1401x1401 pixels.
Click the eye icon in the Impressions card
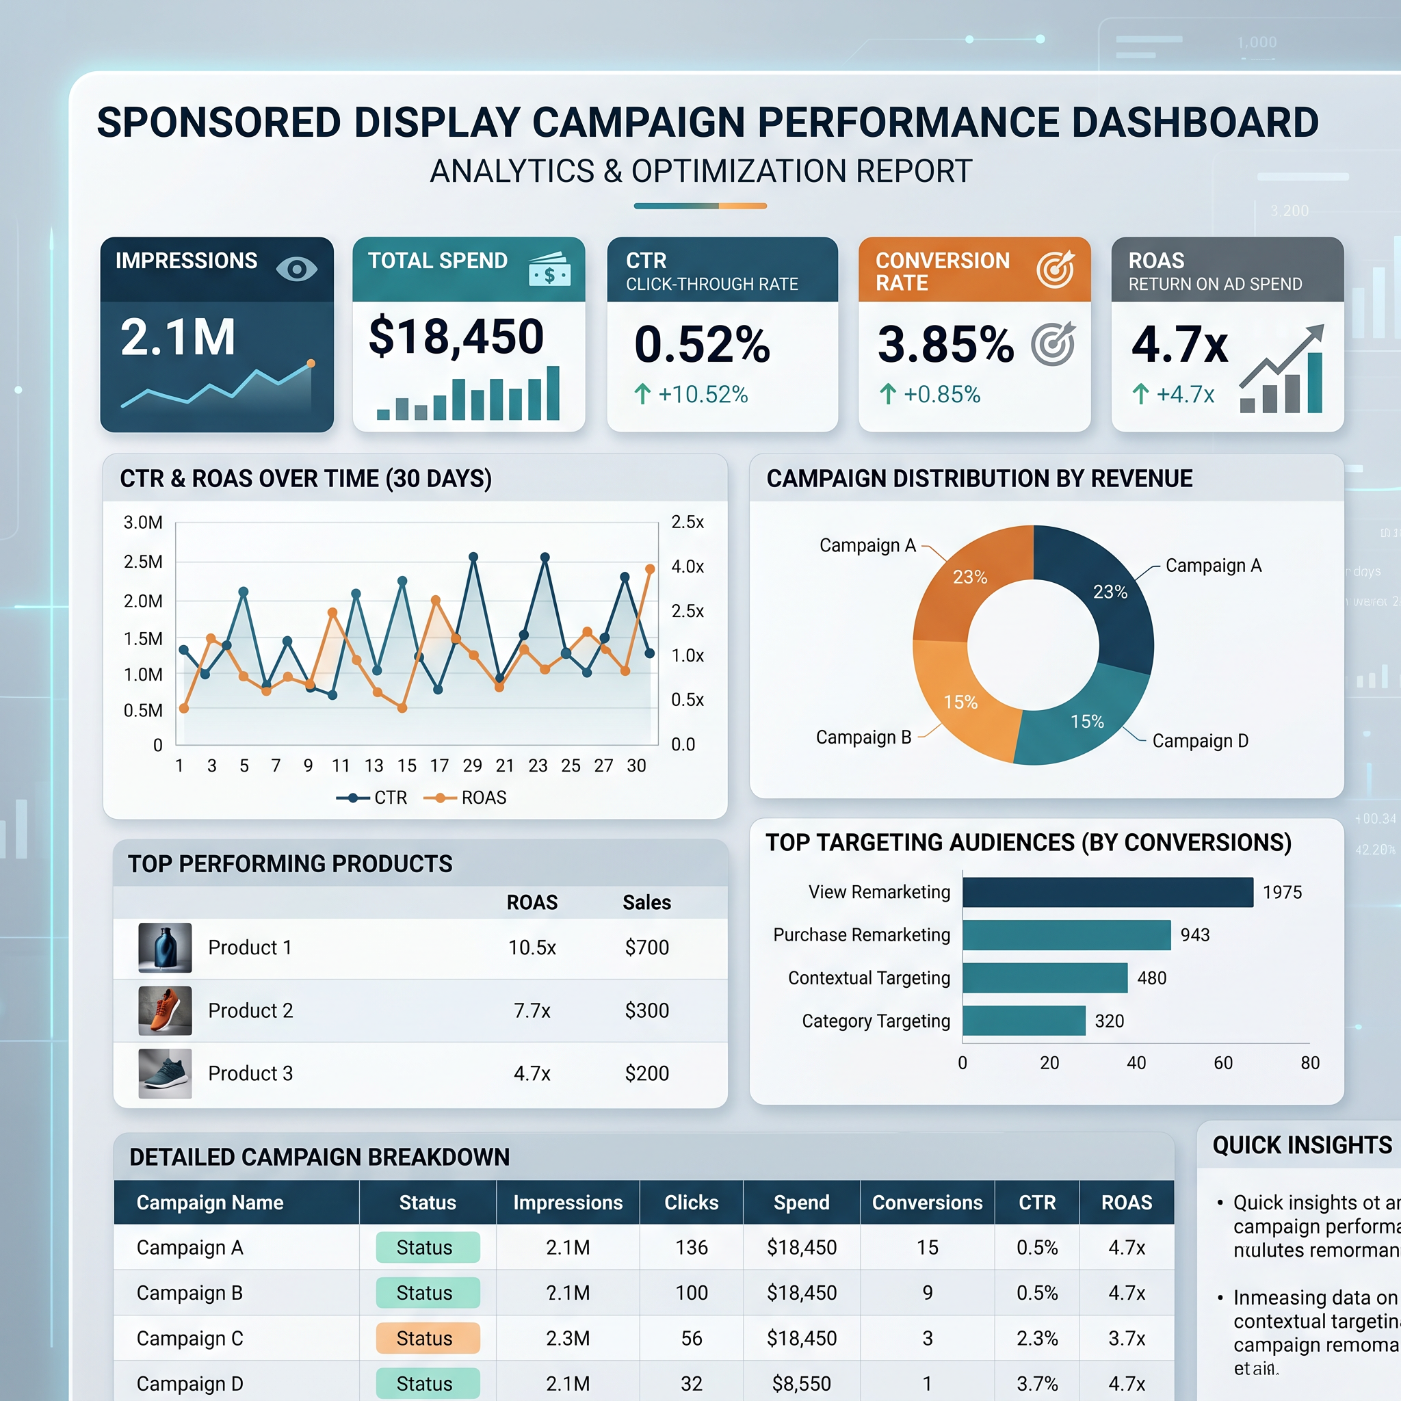click(297, 269)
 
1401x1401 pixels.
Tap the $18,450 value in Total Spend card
click(456, 337)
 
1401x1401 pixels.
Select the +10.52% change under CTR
click(692, 395)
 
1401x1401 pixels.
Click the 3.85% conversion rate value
click(945, 345)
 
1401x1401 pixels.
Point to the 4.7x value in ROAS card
click(1179, 345)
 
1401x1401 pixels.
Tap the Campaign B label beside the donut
click(863, 737)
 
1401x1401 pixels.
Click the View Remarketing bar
click(1108, 892)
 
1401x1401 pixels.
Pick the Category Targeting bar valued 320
click(1023, 1021)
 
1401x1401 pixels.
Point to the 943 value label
click(1194, 935)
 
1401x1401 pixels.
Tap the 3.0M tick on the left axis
click(143, 523)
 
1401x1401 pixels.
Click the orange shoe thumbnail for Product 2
click(166, 1010)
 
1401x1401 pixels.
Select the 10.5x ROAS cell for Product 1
click(532, 947)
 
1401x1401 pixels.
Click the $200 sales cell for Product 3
click(647, 1073)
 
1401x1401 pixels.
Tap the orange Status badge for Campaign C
click(428, 1338)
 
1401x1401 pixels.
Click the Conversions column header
click(927, 1203)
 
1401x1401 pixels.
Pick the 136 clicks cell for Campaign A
click(691, 1247)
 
